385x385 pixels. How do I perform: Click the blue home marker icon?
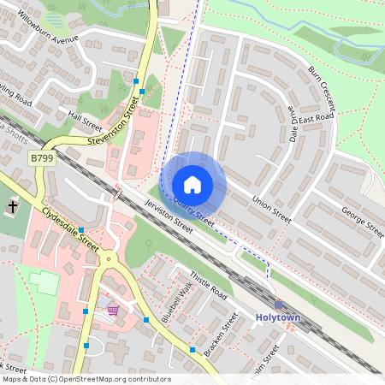pyautogui.click(x=192, y=184)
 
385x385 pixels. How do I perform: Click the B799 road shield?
pyautogui.click(x=40, y=158)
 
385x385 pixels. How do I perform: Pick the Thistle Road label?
pyautogui.click(x=209, y=286)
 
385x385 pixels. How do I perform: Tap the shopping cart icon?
pyautogui.click(x=113, y=310)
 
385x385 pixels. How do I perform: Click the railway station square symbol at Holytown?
pyautogui.click(x=278, y=304)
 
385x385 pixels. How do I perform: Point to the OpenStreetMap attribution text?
pyautogui.click(x=86, y=379)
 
